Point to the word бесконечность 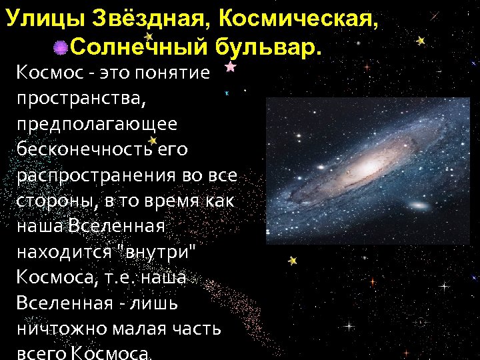pyautogui.click(x=85, y=150)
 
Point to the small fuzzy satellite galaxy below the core pyautogui.click(x=419, y=206)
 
